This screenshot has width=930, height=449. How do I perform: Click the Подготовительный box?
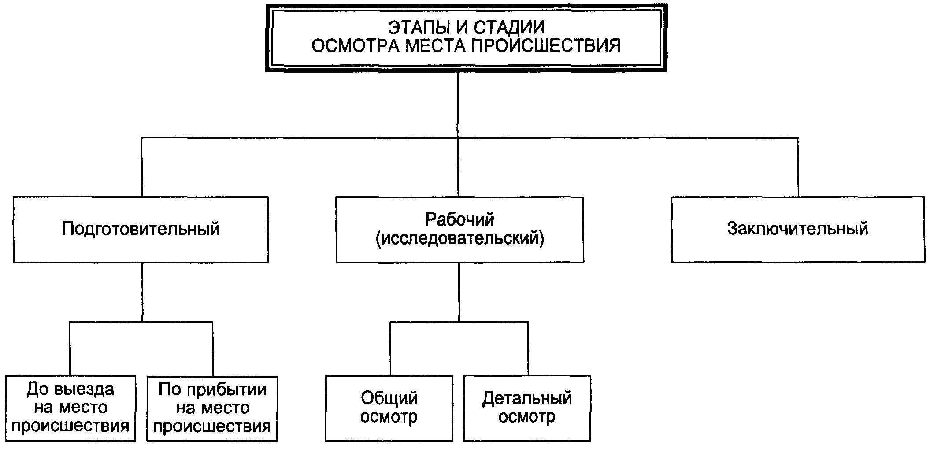(x=141, y=230)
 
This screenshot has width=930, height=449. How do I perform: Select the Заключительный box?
(x=797, y=230)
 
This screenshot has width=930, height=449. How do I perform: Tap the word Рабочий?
(x=459, y=219)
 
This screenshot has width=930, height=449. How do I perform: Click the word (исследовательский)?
(x=459, y=238)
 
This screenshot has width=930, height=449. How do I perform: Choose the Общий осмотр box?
(x=389, y=408)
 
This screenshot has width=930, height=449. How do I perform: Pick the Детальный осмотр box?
(x=527, y=408)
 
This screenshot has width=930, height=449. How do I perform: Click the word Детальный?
(x=527, y=398)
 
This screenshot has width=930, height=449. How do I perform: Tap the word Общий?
(x=389, y=398)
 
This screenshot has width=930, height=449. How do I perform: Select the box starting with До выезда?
(x=70, y=408)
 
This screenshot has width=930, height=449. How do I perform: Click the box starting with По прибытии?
(x=212, y=408)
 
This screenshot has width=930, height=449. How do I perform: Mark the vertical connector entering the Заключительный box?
(x=798, y=167)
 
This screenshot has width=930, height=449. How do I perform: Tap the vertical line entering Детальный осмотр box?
(x=528, y=348)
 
